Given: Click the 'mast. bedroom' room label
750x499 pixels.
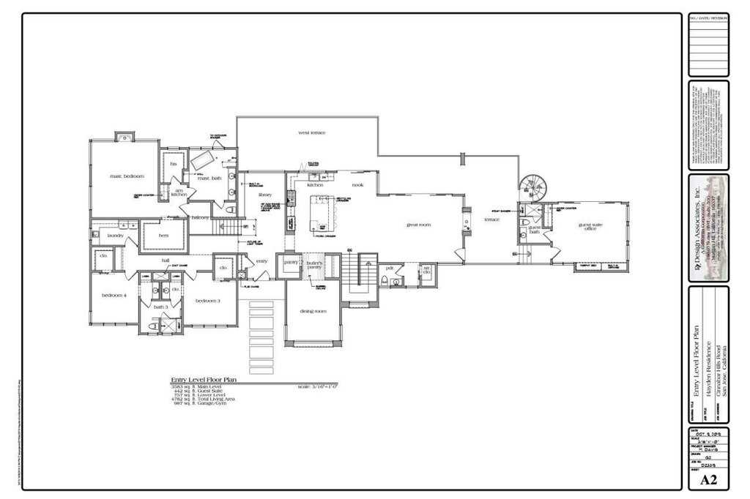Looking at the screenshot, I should click(x=127, y=176).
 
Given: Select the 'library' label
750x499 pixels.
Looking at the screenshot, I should click(x=264, y=195).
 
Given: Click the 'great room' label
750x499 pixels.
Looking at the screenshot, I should click(x=419, y=225).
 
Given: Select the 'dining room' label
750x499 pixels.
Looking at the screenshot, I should click(x=313, y=311).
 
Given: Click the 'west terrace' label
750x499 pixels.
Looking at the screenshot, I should click(x=311, y=133).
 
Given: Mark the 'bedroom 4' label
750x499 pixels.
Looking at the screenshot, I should click(x=115, y=295).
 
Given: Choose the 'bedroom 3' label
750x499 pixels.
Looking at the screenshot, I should click(x=208, y=301).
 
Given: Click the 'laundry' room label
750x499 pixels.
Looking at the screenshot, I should click(x=116, y=236).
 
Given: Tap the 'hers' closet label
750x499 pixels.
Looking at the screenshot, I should click(x=163, y=236).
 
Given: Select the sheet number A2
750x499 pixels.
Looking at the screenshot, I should click(x=708, y=480).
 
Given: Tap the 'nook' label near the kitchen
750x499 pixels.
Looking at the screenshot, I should click(x=357, y=185).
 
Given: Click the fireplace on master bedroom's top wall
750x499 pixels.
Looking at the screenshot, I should click(x=125, y=137).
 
